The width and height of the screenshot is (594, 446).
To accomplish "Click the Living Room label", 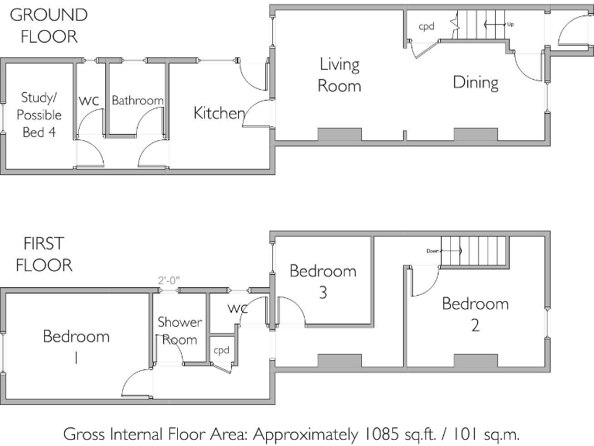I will click(340, 75).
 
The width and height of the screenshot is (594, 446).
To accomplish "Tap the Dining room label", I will click(476, 82).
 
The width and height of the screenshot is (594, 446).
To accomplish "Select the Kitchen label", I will click(219, 113).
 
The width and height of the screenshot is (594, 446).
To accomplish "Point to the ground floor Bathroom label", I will click(138, 101).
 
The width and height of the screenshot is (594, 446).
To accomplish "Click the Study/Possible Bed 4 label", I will click(39, 115).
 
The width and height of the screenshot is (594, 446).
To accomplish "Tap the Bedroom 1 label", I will click(76, 347).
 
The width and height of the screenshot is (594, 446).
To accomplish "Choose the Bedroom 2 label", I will click(475, 314).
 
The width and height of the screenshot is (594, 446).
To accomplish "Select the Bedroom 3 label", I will click(323, 281).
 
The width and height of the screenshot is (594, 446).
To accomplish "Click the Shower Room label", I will click(180, 331).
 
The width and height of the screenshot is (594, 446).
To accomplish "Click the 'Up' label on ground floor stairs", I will click(510, 25).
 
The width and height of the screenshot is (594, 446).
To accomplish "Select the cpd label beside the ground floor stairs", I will click(426, 26).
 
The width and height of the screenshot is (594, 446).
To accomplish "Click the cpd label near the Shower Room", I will click(222, 350).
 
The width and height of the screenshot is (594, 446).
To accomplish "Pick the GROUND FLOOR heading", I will click(48, 25).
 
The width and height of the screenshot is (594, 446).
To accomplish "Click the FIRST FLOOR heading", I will click(43, 255).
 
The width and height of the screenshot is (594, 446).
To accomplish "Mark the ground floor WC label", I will click(89, 101).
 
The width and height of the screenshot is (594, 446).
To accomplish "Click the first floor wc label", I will click(237, 309).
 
